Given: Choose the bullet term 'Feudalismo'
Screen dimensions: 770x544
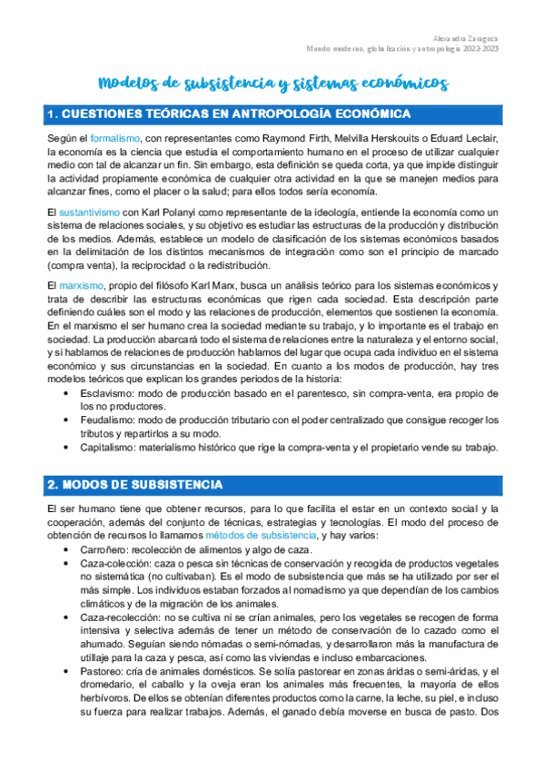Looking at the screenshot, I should pos(106,420).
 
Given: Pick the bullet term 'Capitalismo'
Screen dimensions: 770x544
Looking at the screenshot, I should pos(108,448).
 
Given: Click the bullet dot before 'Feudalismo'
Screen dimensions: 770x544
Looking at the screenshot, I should pos(69,421).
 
